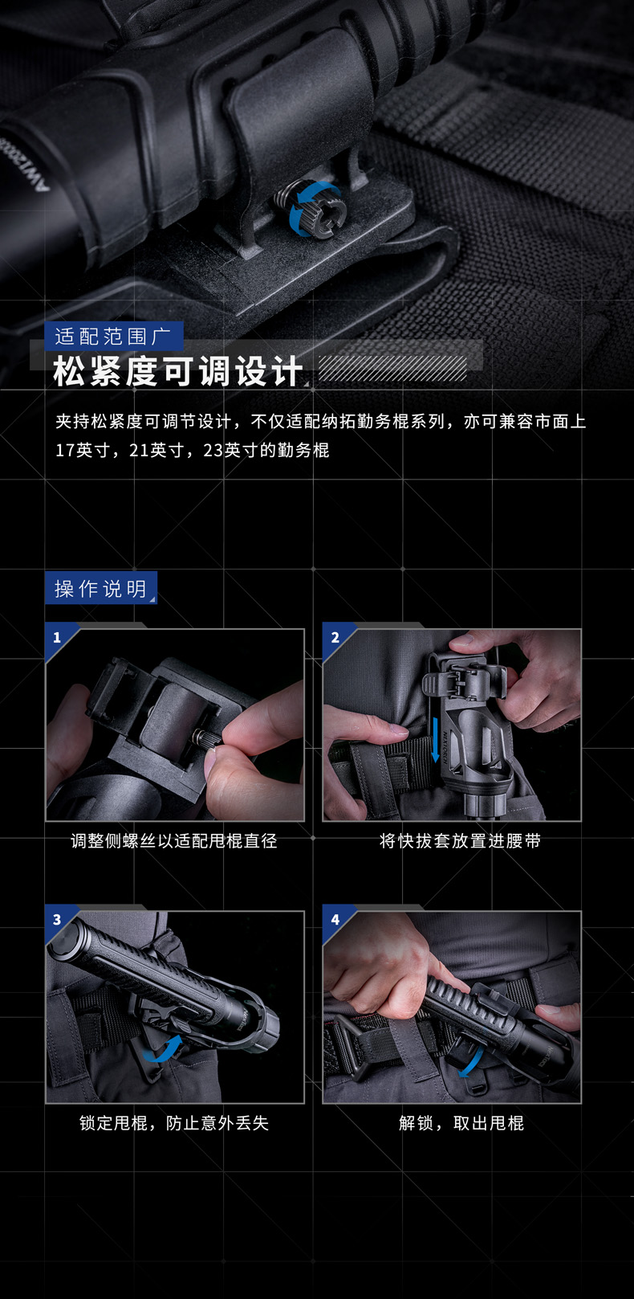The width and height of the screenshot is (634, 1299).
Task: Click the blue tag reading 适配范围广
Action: click(114, 336)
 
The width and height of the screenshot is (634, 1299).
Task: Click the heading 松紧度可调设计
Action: click(178, 371)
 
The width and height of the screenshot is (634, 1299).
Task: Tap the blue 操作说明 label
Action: click(101, 589)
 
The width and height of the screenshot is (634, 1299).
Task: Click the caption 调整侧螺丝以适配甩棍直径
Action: click(174, 841)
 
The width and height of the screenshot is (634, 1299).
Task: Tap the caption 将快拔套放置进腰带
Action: click(460, 841)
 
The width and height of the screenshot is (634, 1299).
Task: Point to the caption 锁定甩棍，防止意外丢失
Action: click(174, 1123)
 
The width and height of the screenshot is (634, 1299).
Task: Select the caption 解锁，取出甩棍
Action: click(461, 1123)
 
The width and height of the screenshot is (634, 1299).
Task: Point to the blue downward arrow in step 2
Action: click(435, 739)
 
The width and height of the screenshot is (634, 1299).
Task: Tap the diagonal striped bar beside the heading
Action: click(392, 369)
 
